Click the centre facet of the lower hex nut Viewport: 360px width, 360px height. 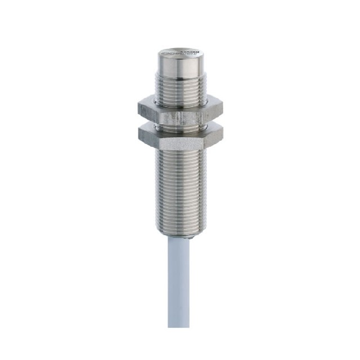pyautogui.click(x=179, y=135)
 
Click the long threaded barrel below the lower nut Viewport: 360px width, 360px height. pyautogui.click(x=179, y=186)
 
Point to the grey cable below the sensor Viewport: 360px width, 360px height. pyautogui.click(x=179, y=281)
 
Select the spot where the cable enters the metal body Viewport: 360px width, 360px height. pyautogui.click(x=179, y=237)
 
